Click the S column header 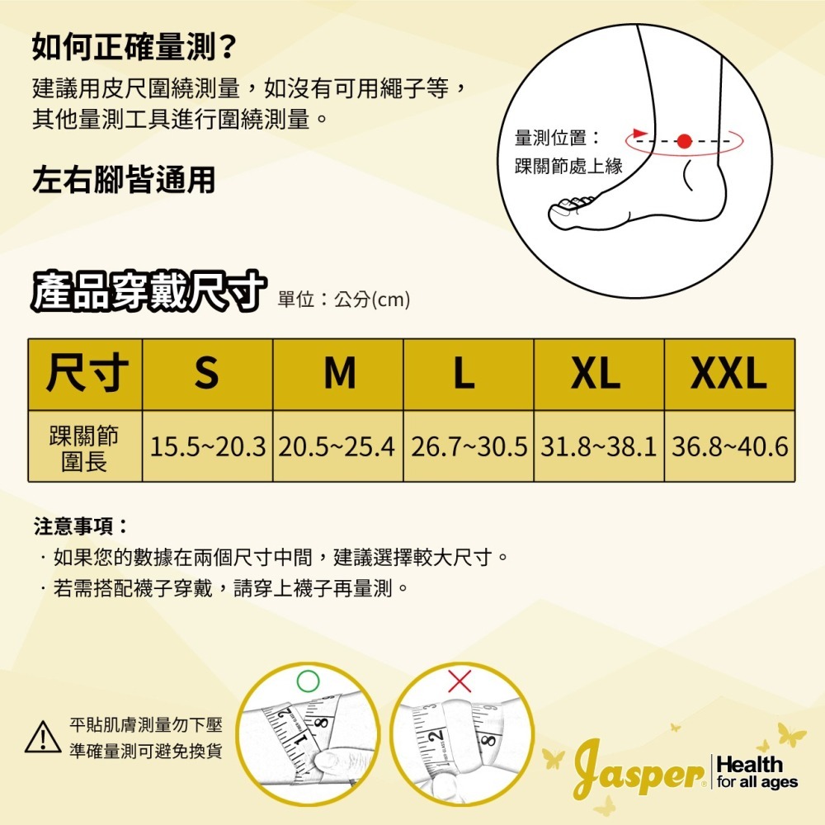207,374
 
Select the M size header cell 338,374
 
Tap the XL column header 599,374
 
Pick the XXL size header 729,374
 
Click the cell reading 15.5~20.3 207,446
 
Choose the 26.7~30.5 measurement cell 469,446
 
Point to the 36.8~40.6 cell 729,446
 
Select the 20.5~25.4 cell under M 338,446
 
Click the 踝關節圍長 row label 85,446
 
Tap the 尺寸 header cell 85,374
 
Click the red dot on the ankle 683,141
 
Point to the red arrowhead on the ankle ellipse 638,132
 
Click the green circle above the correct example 307,681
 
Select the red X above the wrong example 460,681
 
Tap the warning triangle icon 43,737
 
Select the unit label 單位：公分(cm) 344,299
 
